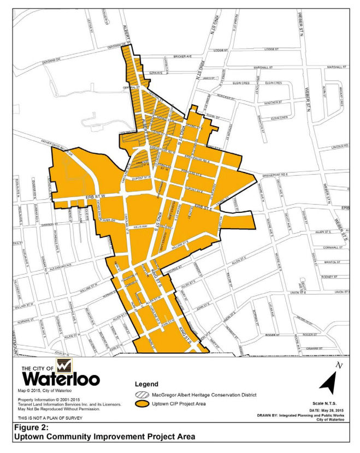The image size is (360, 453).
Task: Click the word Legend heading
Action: point(146,384)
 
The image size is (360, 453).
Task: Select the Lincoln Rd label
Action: point(339,147)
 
